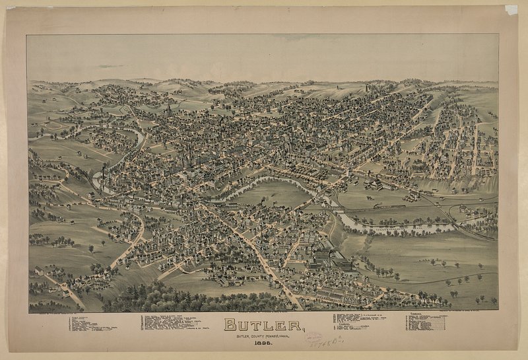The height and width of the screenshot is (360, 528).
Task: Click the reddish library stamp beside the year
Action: pos(313,338)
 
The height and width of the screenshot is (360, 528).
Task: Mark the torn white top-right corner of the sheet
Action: pos(511,10)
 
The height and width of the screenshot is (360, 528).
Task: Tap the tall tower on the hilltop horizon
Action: pos(368,87)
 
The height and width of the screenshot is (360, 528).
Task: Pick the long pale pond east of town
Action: pos(396,228)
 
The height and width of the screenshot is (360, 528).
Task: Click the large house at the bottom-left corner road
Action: pos(40,271)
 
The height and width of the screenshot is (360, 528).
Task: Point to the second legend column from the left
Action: pos(175,324)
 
